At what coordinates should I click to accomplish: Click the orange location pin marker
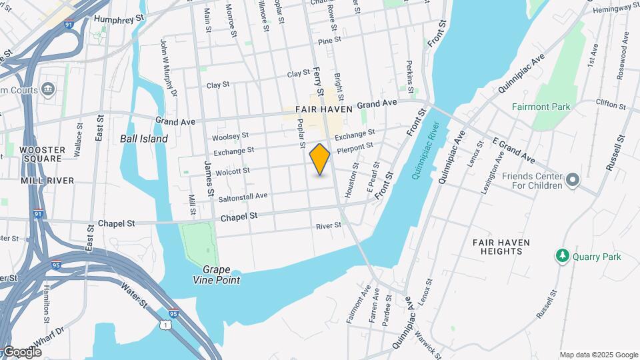pyautogui.click(x=320, y=159)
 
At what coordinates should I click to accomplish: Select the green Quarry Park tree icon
pyautogui.click(x=563, y=257)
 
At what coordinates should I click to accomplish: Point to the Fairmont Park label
pyautogui.click(x=541, y=107)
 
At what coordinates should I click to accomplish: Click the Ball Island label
pyautogui.click(x=144, y=139)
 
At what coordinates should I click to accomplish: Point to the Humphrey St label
pyautogui.click(x=119, y=19)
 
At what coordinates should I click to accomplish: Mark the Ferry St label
pyautogui.click(x=317, y=81)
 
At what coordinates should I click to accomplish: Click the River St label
pyautogui.click(x=329, y=226)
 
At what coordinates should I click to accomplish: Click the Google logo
pyautogui.click(x=23, y=352)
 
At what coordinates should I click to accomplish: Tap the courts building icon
pyautogui.click(x=48, y=89)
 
